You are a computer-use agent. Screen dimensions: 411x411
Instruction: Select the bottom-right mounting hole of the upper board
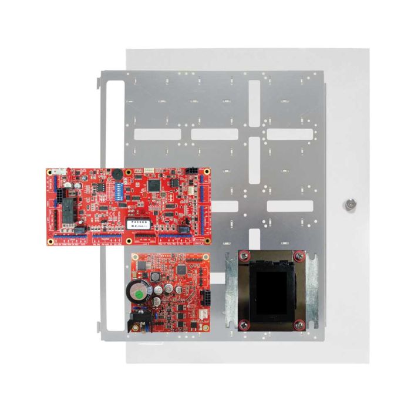coord(207,240)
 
